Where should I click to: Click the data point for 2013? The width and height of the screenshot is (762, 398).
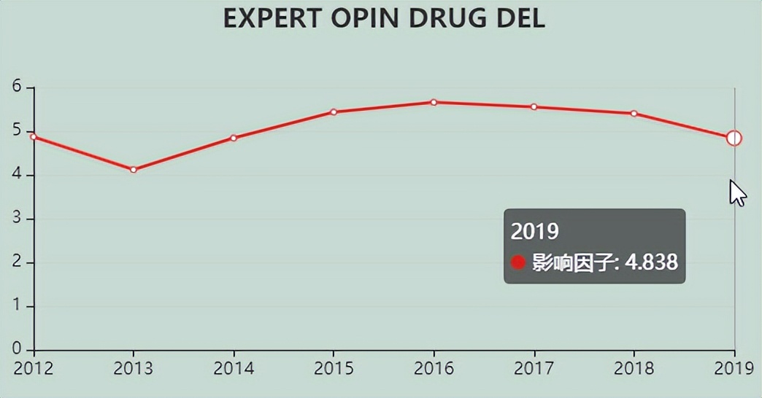coord(134,170)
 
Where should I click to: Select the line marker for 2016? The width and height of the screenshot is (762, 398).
coord(434,103)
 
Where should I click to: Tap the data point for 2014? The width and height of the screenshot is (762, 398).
coord(234,138)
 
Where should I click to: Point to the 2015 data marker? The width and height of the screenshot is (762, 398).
coord(334,112)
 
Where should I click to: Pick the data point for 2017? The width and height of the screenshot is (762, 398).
coord(534,107)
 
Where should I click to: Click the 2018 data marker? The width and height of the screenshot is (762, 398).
coord(634,114)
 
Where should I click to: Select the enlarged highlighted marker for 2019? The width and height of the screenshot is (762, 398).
coord(734,138)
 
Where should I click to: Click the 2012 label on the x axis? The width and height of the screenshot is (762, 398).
coord(34,369)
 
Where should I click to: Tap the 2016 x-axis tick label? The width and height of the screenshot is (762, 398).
coord(434,369)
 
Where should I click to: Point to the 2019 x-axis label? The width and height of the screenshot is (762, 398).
coord(733,369)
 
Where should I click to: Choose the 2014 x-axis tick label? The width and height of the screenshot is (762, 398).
coord(234,369)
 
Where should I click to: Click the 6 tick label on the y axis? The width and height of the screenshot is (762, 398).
coord(17,87)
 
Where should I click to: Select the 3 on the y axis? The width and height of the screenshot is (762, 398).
coord(17,219)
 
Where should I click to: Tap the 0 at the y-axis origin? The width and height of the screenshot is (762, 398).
coord(17,349)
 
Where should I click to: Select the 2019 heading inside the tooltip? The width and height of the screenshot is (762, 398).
coord(535,232)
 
